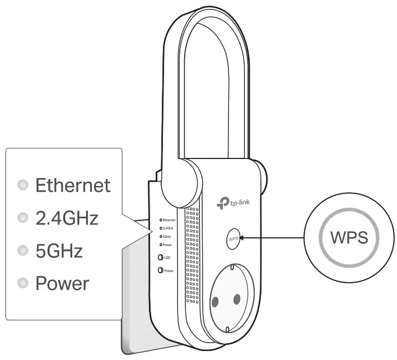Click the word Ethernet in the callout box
coord(73,185)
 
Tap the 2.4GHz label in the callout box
coord(67,218)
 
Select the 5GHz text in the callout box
coord(59,250)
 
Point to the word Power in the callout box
coord(62,283)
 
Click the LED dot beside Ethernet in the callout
coord(22,185)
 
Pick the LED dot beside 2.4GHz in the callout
coord(22,218)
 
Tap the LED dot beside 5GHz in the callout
coord(22,250)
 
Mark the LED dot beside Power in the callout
coord(22,283)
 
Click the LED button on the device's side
coord(161,258)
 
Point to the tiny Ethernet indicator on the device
coord(161,220)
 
